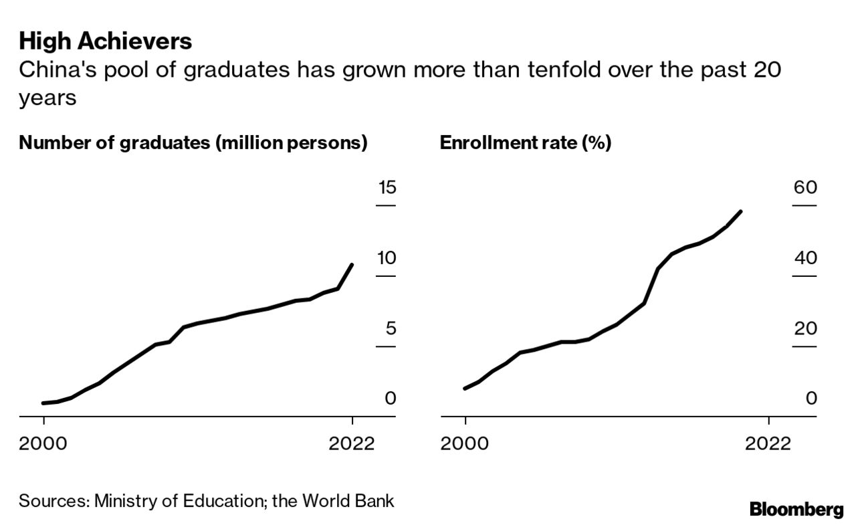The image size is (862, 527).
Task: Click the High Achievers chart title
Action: (106, 41)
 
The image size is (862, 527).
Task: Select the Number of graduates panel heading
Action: (193, 143)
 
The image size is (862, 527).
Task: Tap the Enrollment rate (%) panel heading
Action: (525, 143)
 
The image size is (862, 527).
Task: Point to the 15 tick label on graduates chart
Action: (387, 187)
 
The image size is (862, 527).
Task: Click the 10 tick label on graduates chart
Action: (387, 258)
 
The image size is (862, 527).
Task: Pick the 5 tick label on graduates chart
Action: (391, 328)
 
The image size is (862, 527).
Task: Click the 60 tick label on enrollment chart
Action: (805, 187)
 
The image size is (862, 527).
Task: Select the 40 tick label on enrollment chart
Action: (805, 258)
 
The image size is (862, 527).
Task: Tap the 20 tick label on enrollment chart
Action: (805, 328)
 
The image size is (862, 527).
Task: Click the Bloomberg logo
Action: (796, 510)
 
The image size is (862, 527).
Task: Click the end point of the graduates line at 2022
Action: (352, 265)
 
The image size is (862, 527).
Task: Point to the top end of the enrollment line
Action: (741, 211)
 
